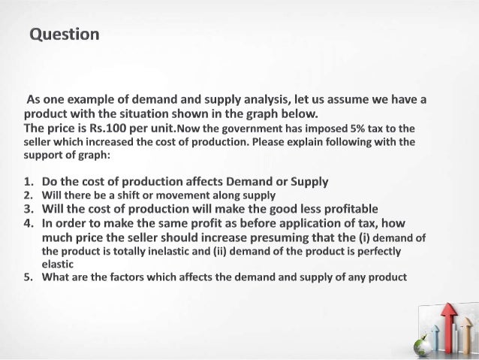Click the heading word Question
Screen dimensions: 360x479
click(x=64, y=35)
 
